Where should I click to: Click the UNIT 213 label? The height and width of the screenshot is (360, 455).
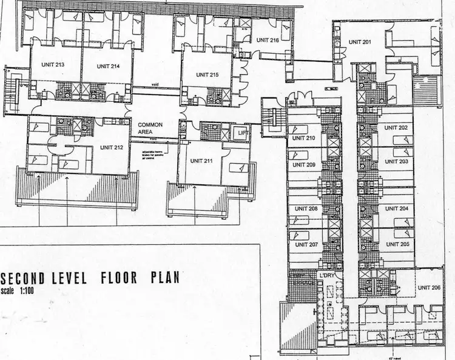[53, 64]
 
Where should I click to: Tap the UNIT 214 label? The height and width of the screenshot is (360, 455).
[107, 66]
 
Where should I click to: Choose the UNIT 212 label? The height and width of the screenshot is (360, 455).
[112, 147]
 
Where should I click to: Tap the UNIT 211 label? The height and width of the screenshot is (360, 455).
[201, 161]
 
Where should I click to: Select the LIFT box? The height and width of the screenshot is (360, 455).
[241, 133]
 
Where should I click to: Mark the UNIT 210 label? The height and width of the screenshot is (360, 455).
[303, 138]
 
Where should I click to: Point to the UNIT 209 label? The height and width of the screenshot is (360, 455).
[303, 164]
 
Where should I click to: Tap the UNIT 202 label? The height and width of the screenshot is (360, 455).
[396, 128]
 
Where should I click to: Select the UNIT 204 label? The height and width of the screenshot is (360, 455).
[396, 208]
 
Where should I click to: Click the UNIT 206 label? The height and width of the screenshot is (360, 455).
[429, 288]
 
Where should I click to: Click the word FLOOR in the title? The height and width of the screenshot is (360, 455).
[117, 279]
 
